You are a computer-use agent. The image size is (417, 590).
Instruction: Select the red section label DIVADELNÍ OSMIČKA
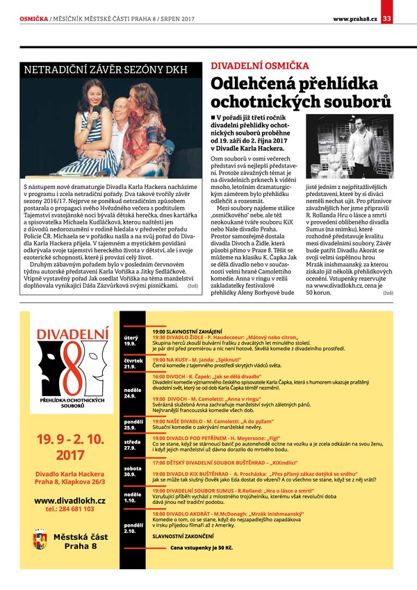click(260, 66)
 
